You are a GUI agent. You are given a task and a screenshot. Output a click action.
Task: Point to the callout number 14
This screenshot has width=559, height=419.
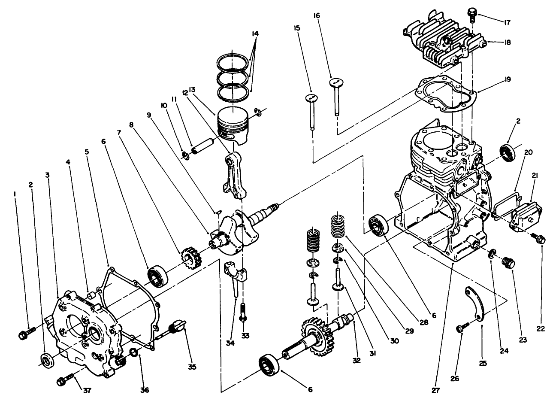click(256, 33)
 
